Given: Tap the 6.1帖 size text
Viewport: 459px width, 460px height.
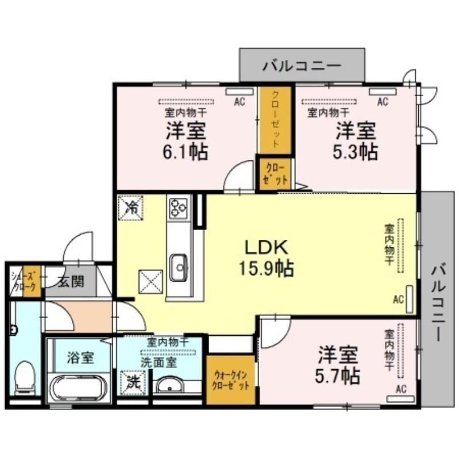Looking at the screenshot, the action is (x=185, y=152).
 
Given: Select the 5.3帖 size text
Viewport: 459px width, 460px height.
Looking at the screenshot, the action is (x=355, y=152).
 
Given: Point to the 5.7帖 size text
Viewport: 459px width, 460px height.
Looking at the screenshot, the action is (x=338, y=376).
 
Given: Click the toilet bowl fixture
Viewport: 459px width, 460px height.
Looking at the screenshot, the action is (x=25, y=378).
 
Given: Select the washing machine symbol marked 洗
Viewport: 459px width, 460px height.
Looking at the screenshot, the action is (x=133, y=383).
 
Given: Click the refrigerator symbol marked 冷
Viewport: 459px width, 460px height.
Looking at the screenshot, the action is (x=130, y=208).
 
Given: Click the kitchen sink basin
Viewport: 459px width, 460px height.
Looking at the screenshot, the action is (x=179, y=267).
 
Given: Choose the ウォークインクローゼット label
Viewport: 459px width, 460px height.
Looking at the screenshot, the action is (x=232, y=380).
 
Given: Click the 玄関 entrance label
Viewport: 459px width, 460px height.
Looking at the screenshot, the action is (x=71, y=282).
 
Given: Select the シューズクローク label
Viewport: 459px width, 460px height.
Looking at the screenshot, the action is (x=24, y=281).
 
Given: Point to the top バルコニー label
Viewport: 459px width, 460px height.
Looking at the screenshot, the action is (x=302, y=66).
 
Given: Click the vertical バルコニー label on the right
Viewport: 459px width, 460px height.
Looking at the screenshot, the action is (x=438, y=302).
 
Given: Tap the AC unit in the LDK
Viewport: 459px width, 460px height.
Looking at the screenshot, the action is (x=410, y=299).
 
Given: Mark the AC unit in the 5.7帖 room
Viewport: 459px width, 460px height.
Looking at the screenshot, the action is (x=400, y=398).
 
